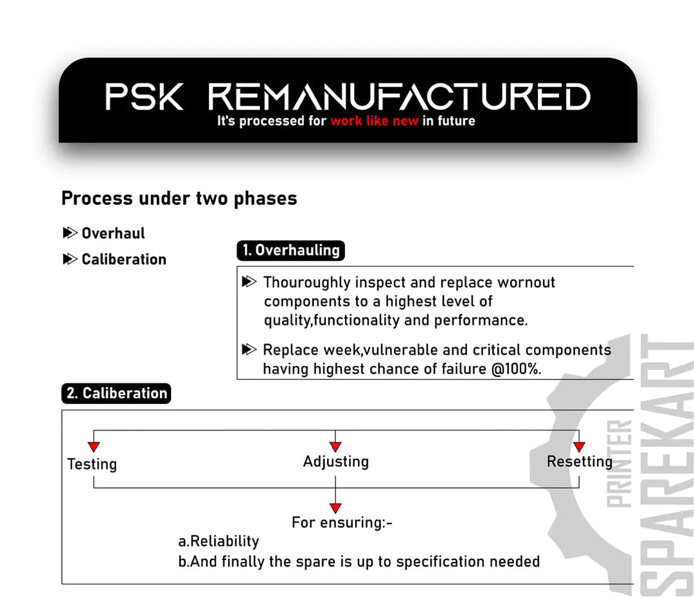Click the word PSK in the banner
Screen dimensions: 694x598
[x=144, y=96]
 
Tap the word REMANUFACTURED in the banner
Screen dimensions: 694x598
[x=399, y=96]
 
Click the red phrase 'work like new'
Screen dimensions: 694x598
[x=374, y=121]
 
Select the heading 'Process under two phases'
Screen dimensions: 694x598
[x=179, y=198]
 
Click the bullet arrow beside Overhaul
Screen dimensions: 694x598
[x=70, y=233]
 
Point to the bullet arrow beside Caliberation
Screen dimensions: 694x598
[x=70, y=259]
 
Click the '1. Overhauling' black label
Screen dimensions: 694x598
[x=291, y=251]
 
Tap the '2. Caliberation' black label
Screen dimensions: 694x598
[x=116, y=393]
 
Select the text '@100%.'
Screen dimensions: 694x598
[x=516, y=369]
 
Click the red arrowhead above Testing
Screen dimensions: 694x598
[x=94, y=446]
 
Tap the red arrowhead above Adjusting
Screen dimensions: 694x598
[x=335, y=446]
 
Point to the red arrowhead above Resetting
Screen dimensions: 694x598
[x=579, y=446]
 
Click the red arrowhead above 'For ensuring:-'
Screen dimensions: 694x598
[x=335, y=508]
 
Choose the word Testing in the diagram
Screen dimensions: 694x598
[x=92, y=464]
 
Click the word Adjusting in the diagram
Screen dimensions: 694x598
[x=336, y=462]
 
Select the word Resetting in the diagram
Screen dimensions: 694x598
[x=580, y=462]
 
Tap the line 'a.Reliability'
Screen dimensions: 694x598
[x=218, y=541]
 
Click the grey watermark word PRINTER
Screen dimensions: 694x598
[x=619, y=464]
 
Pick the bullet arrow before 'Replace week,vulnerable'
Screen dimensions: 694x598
[x=249, y=349]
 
